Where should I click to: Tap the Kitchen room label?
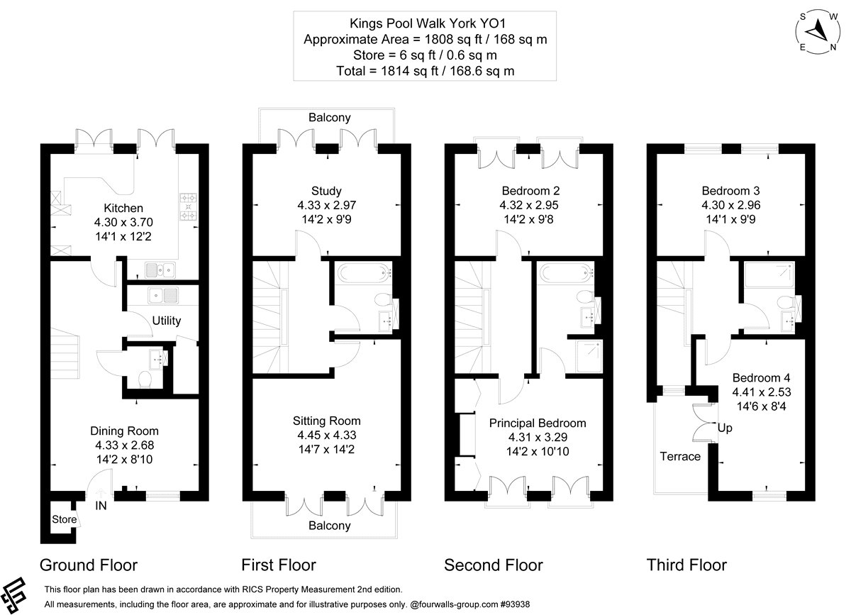(123, 208)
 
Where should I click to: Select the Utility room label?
(167, 321)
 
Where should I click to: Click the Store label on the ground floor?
(65, 519)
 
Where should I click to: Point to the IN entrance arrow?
(100, 494)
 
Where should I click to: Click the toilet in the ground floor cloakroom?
(145, 379)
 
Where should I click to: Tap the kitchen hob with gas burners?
(189, 207)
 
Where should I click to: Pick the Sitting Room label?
(327, 421)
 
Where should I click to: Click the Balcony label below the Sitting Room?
(329, 526)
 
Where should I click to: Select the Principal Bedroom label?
(538, 423)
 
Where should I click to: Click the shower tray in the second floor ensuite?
(589, 356)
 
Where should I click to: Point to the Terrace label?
(680, 456)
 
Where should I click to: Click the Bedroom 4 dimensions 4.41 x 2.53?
(762, 392)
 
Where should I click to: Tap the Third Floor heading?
(686, 565)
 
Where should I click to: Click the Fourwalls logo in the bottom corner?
(13, 595)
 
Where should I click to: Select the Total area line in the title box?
(425, 71)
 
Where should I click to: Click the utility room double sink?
(163, 295)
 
